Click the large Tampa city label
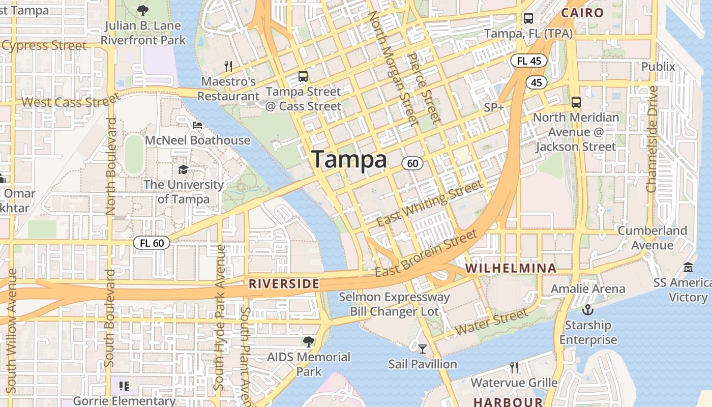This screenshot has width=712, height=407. (349, 160)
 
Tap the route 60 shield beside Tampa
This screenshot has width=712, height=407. (412, 163)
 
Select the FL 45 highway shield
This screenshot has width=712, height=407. (529, 61)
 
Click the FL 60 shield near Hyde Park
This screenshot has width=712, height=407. (152, 243)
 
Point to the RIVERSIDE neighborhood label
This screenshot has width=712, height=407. (284, 284)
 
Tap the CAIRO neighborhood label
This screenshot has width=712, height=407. (582, 13)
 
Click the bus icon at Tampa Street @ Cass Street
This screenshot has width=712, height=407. (303, 77)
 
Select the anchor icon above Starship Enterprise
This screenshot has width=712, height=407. (588, 309)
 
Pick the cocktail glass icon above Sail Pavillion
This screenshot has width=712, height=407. (423, 349)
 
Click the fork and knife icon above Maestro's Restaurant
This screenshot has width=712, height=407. (228, 66)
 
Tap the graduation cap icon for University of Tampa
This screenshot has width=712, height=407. (183, 169)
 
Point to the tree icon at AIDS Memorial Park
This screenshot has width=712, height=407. (308, 341)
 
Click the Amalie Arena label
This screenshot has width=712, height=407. (588, 289)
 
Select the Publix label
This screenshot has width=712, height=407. (658, 67)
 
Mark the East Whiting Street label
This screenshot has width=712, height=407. (430, 203)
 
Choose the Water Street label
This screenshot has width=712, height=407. (492, 323)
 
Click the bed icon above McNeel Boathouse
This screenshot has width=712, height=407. (197, 125)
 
